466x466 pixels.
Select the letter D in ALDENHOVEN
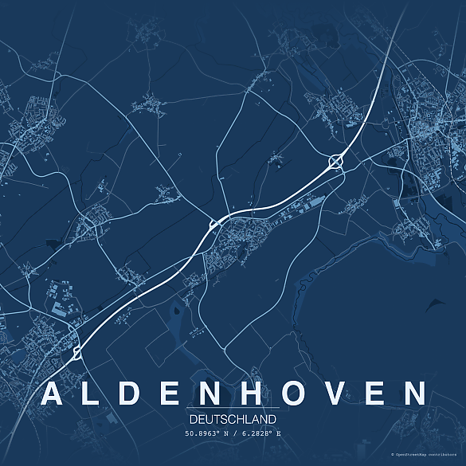click(x=136, y=394)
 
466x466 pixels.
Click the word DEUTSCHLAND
click(x=233, y=419)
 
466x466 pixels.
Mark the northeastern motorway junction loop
click(x=335, y=161)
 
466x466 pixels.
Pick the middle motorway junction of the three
click(x=213, y=225)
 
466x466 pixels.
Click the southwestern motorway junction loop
click(x=77, y=350)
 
